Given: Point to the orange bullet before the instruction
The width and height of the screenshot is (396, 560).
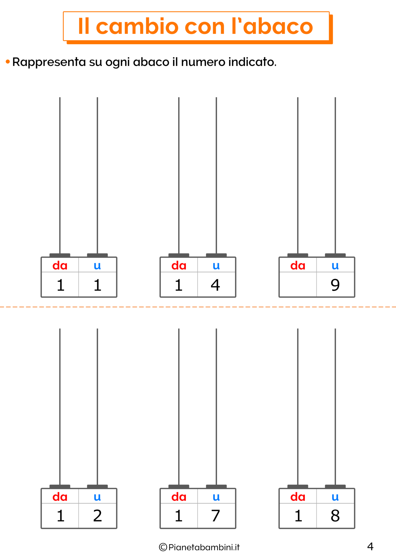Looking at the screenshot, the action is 8,62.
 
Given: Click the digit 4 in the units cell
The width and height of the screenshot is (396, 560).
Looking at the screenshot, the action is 216,285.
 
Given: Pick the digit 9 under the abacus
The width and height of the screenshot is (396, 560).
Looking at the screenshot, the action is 335,285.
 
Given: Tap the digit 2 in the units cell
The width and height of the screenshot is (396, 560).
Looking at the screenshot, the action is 97,516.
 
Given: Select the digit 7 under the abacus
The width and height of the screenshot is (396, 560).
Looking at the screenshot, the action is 216,516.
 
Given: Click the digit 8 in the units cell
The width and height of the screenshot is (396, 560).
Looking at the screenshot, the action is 335,516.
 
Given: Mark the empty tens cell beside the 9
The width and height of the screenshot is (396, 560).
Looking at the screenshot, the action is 298,284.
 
